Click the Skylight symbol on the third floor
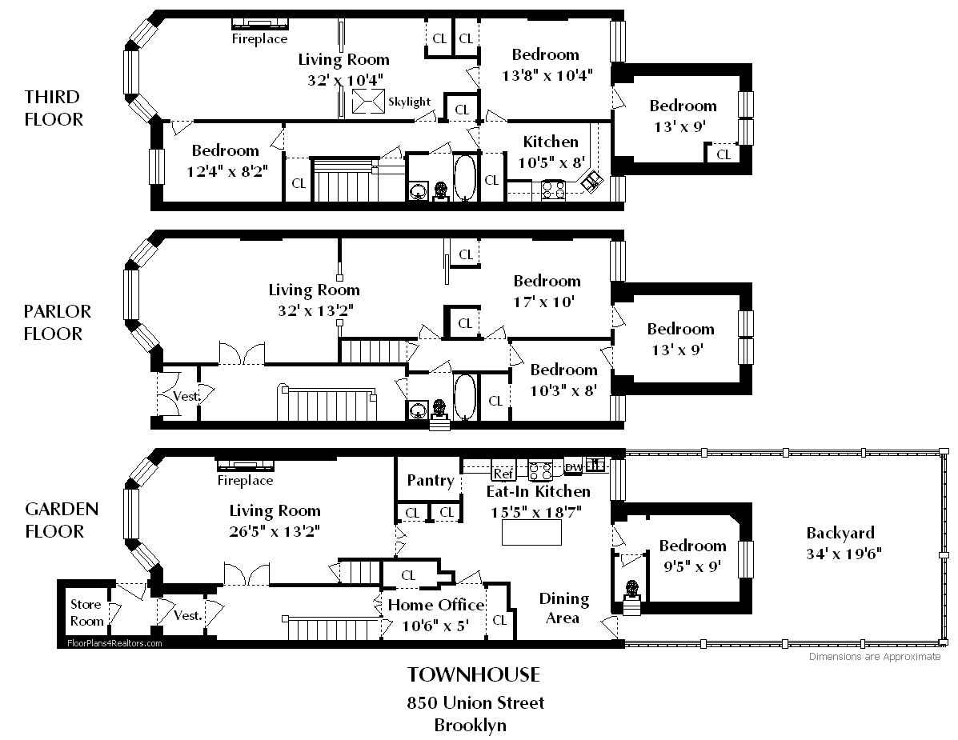(x=368, y=101)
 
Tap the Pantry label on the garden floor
(x=431, y=480)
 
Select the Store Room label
(x=86, y=612)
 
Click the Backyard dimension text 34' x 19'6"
(x=844, y=554)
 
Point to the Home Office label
(x=436, y=605)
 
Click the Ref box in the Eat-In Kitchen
(x=503, y=474)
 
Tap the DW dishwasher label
(x=574, y=467)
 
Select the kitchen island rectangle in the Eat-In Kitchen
(x=531, y=533)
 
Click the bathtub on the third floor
(x=466, y=177)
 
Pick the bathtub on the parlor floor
(x=465, y=397)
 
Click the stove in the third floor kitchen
(x=554, y=190)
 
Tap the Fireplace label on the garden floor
(x=245, y=481)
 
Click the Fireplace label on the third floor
(x=259, y=38)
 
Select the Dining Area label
(x=563, y=608)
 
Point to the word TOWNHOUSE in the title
(x=474, y=674)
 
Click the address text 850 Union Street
(x=475, y=702)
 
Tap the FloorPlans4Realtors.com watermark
(x=115, y=643)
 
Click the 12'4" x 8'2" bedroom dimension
(x=227, y=171)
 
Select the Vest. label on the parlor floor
(x=186, y=396)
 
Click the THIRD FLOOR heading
(x=54, y=108)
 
